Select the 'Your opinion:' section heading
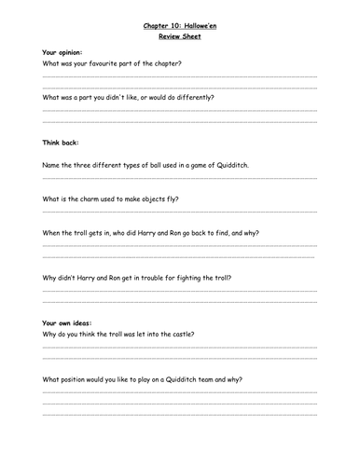pyautogui.click(x=63, y=52)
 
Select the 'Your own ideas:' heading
pyautogui.click(x=67, y=322)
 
